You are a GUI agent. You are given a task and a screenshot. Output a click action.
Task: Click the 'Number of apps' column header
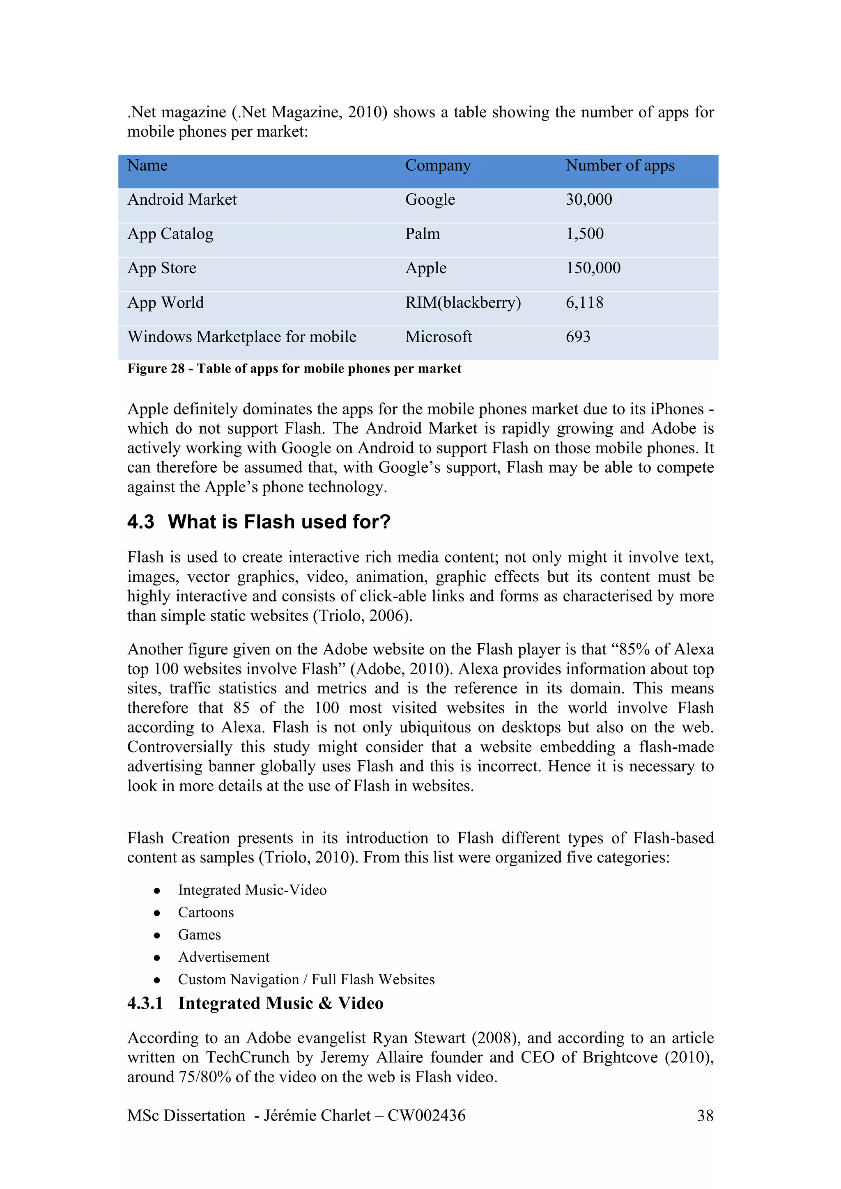tap(620, 166)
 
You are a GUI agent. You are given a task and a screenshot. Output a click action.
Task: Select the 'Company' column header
tap(438, 166)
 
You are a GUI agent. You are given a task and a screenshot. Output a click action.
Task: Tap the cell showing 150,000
tap(593, 268)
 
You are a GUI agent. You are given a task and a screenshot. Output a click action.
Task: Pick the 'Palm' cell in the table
tap(422, 234)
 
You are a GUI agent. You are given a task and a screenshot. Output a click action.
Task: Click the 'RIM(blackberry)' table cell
tap(463, 303)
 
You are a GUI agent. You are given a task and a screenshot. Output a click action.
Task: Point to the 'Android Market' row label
tap(182, 200)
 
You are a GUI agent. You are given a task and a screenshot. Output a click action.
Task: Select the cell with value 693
tap(578, 337)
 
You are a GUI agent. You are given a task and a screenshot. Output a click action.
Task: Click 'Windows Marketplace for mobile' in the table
tap(241, 337)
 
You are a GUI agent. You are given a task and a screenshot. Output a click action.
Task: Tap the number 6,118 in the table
tap(584, 303)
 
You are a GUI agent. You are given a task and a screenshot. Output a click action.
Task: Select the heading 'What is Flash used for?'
tap(279, 522)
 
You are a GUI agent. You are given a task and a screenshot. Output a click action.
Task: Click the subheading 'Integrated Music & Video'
tap(280, 1003)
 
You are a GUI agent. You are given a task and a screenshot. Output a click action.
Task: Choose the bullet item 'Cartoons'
tap(206, 912)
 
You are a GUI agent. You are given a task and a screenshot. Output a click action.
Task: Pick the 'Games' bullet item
tap(199, 935)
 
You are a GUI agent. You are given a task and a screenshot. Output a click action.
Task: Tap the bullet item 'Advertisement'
tap(223, 957)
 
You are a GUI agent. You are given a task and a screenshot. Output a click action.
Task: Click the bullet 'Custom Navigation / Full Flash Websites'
tap(306, 980)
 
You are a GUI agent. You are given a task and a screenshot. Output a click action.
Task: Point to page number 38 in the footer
tap(705, 1116)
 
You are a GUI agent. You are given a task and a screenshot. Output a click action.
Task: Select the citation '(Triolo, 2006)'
tap(362, 616)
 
